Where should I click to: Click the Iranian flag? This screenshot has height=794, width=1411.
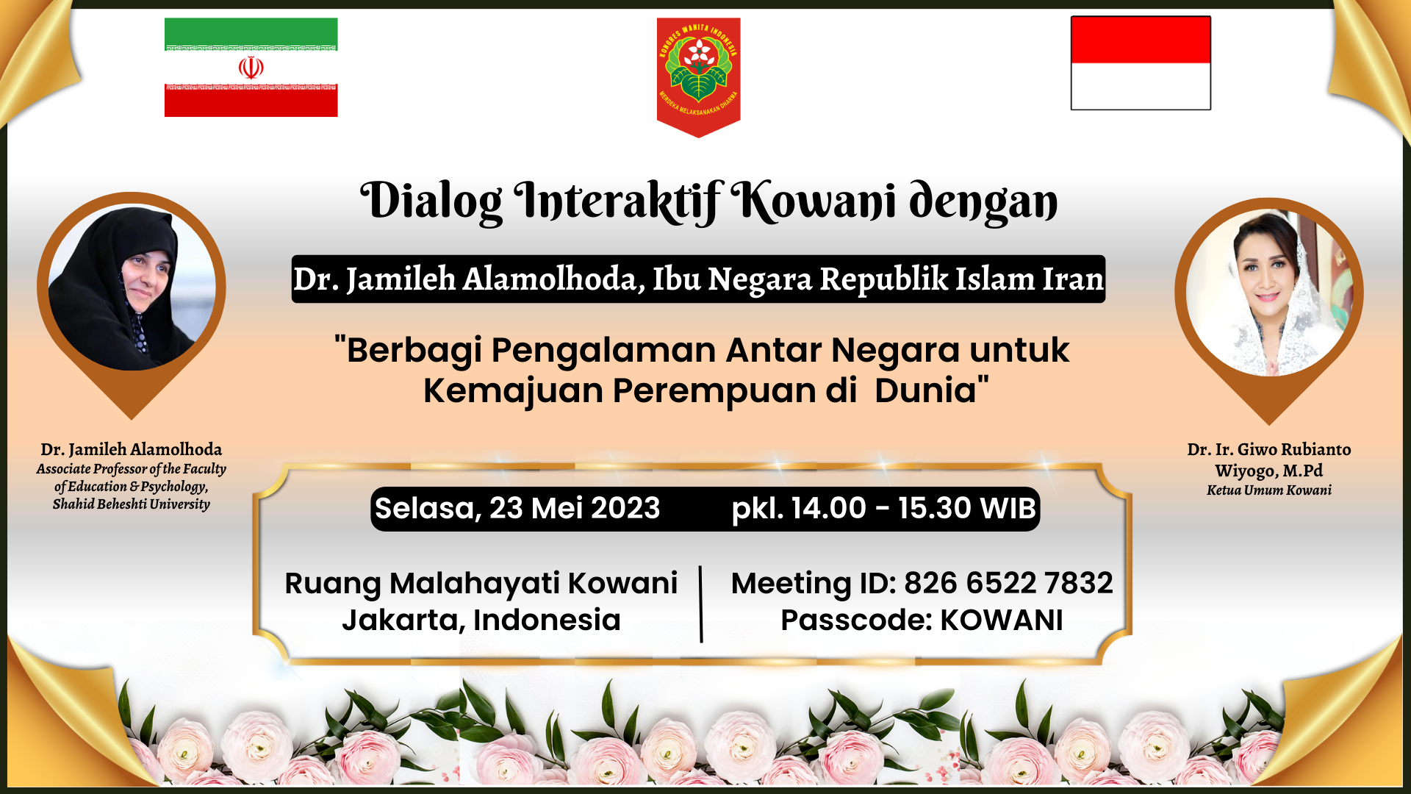(x=251, y=67)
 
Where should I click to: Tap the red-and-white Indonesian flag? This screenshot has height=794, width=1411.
(x=1141, y=63)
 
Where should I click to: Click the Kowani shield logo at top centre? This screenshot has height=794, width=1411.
(x=698, y=76)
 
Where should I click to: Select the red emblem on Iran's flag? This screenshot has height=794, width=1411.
(x=251, y=68)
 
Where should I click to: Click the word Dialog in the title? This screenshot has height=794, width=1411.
(x=431, y=201)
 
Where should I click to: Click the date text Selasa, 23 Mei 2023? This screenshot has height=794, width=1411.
(x=517, y=508)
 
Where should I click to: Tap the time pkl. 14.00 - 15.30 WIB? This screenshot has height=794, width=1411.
(x=883, y=508)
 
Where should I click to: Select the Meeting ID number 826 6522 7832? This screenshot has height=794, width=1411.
(x=1008, y=583)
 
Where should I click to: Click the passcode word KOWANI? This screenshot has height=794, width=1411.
(x=1002, y=620)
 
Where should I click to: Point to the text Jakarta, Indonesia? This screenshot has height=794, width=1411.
(x=481, y=620)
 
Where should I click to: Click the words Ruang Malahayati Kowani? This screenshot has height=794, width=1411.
(x=481, y=584)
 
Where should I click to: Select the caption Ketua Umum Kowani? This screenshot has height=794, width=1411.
(x=1269, y=490)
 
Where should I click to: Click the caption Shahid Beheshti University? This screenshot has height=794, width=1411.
(x=132, y=504)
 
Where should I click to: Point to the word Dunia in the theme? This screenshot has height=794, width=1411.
(x=926, y=390)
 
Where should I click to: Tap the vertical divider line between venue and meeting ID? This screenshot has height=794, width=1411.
(x=701, y=604)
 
